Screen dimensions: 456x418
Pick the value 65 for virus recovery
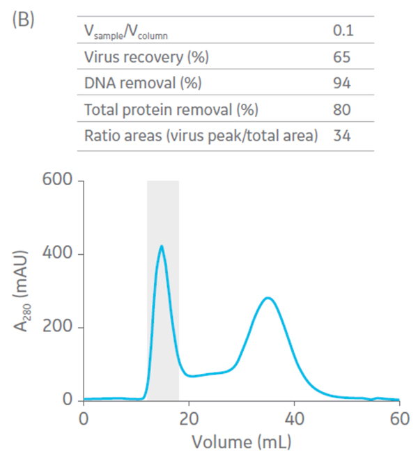[341, 57]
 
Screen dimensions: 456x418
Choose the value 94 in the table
[341, 84]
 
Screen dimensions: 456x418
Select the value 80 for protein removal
[341, 109]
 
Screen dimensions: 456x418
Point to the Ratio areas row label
[201, 136]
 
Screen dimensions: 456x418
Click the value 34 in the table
[341, 136]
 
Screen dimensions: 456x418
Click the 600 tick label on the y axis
[56, 182]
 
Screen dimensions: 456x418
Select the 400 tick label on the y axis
[56, 255]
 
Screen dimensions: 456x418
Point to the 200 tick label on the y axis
[56, 328]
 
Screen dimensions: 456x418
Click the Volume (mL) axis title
[242, 441]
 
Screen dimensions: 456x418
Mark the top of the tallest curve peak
[162, 246]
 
